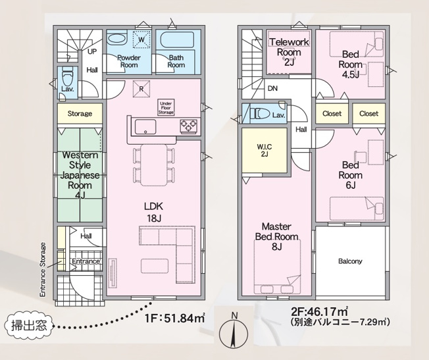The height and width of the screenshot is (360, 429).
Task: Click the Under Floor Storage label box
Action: tap(166, 107)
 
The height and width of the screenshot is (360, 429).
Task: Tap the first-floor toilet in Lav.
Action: tap(67, 78)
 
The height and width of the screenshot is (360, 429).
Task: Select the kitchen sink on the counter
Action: tap(145, 127)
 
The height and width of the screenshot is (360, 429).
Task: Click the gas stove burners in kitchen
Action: tap(188, 126)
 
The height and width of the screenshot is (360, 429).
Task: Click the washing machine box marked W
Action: tap(141, 39)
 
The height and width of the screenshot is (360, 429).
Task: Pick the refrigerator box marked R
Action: tap(141, 89)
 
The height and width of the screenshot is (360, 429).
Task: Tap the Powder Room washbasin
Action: tap(117, 38)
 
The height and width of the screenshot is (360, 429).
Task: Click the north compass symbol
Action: tap(234, 331)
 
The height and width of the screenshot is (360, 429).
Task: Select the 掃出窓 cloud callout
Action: tap(29, 326)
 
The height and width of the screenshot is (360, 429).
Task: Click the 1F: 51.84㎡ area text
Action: tap(175, 318)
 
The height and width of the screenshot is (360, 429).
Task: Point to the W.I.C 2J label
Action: tap(265, 150)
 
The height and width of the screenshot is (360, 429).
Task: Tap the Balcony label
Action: tap(350, 261)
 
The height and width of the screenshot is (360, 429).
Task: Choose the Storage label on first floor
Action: tap(80, 114)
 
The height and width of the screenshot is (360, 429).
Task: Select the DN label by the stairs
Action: tap(272, 88)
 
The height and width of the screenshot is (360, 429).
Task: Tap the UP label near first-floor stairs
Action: tap(92, 51)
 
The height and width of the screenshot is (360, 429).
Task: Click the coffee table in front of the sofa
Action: tap(155, 265)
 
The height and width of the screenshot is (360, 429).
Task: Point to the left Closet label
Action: tap(332, 113)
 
